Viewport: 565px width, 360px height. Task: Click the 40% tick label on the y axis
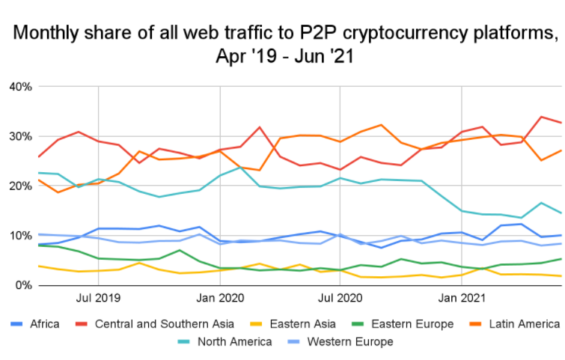pyautogui.click(x=20, y=87)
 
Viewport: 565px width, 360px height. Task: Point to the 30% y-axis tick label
pyautogui.click(x=20, y=136)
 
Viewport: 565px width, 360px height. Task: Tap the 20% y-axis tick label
pyautogui.click(x=20, y=186)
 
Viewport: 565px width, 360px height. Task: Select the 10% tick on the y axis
pyautogui.click(x=20, y=236)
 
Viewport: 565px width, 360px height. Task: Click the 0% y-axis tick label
pyautogui.click(x=23, y=285)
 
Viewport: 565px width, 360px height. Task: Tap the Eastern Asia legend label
pyautogui.click(x=295, y=324)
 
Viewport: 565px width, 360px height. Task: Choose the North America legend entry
pyautogui.click(x=227, y=342)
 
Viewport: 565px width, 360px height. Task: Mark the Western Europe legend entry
pyautogui.click(x=348, y=342)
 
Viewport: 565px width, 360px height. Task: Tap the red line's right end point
pyautogui.click(x=561, y=123)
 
